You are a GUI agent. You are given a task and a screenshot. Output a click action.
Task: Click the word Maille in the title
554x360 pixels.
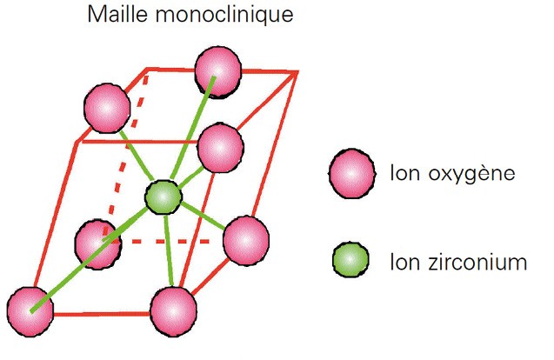coord(118,17)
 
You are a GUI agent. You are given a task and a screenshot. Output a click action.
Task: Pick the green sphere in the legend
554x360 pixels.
coord(351,259)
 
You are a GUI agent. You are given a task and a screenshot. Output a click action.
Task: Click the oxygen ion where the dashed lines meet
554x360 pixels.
coord(97,243)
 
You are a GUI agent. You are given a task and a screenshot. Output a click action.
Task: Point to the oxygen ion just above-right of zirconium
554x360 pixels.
coord(220,148)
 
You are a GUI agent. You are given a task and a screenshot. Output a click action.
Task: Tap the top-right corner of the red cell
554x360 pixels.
coord(297,72)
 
